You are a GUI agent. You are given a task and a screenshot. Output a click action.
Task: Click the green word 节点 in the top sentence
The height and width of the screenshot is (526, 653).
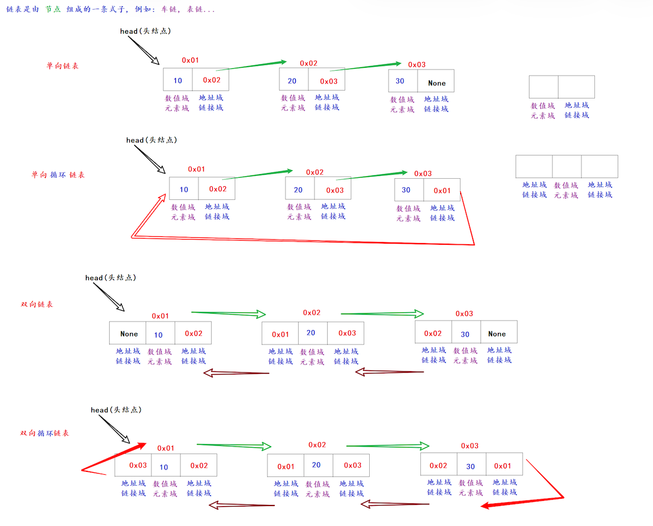(53, 10)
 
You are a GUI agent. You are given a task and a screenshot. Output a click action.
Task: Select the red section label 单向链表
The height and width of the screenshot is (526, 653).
(63, 66)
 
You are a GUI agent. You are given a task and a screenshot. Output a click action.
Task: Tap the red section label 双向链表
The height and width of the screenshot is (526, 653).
(37, 305)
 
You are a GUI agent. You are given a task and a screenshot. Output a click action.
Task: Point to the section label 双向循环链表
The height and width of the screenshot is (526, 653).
(45, 433)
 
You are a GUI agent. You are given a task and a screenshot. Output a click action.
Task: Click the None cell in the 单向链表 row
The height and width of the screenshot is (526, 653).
(437, 83)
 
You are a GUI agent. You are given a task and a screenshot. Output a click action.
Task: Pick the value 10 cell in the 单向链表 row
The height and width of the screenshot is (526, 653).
(178, 80)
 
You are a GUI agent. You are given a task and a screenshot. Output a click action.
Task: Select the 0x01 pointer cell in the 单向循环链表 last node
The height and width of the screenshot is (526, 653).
(442, 190)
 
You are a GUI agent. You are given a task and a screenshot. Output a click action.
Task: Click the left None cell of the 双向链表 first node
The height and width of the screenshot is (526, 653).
(129, 334)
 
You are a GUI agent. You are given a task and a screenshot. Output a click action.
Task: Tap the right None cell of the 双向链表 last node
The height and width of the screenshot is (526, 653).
(497, 334)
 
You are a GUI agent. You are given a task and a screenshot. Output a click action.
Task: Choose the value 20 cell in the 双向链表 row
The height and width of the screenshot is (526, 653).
(311, 333)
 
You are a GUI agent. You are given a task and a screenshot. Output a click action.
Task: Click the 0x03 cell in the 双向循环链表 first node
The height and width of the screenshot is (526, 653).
(138, 465)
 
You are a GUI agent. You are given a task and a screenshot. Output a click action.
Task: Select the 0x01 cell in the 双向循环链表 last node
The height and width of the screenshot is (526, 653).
(502, 466)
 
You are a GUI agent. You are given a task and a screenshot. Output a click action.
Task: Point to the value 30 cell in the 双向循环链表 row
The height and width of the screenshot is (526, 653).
(470, 466)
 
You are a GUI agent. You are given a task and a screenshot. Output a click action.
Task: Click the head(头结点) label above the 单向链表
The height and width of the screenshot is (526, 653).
(145, 31)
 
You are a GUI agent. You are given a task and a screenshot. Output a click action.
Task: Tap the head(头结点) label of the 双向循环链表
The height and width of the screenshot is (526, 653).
(116, 410)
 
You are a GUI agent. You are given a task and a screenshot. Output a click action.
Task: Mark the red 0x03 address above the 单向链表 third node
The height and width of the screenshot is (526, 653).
(416, 64)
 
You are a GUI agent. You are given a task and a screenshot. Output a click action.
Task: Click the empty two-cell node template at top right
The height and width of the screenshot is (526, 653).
(561, 87)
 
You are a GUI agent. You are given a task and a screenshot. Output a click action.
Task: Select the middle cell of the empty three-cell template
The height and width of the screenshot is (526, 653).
(567, 166)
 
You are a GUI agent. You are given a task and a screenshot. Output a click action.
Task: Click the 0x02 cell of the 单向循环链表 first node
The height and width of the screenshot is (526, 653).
(217, 189)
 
